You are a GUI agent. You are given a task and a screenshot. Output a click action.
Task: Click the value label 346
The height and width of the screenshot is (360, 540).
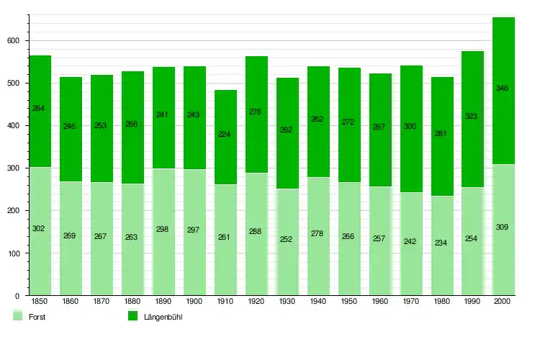pyautogui.click(x=503, y=89)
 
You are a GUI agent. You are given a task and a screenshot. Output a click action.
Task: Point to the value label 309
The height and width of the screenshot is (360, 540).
pyautogui.click(x=503, y=228)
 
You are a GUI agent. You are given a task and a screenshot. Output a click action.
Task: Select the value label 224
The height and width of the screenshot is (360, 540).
pyautogui.click(x=225, y=133)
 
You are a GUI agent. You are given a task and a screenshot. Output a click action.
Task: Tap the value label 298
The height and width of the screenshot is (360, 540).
pyautogui.click(x=163, y=230)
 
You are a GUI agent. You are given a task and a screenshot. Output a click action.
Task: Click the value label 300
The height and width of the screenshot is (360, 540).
pyautogui.click(x=410, y=126)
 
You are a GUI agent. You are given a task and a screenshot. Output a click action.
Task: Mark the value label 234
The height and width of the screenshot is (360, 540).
pyautogui.click(x=441, y=243)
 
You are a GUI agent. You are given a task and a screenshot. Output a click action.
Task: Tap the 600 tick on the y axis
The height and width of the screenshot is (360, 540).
pyautogui.click(x=12, y=41)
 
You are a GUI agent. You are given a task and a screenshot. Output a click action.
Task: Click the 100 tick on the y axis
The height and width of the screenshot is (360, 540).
pyautogui.click(x=12, y=253)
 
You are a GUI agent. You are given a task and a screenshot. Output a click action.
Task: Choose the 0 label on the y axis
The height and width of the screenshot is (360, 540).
pyautogui.click(x=17, y=296)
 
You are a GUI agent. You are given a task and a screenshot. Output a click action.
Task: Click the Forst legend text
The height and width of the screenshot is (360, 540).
pyautogui.click(x=37, y=317)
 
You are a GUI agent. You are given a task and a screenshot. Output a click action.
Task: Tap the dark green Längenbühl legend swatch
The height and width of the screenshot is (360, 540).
pyautogui.click(x=132, y=316)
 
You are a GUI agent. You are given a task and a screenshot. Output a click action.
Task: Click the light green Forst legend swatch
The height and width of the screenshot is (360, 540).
pyautogui.click(x=17, y=316)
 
